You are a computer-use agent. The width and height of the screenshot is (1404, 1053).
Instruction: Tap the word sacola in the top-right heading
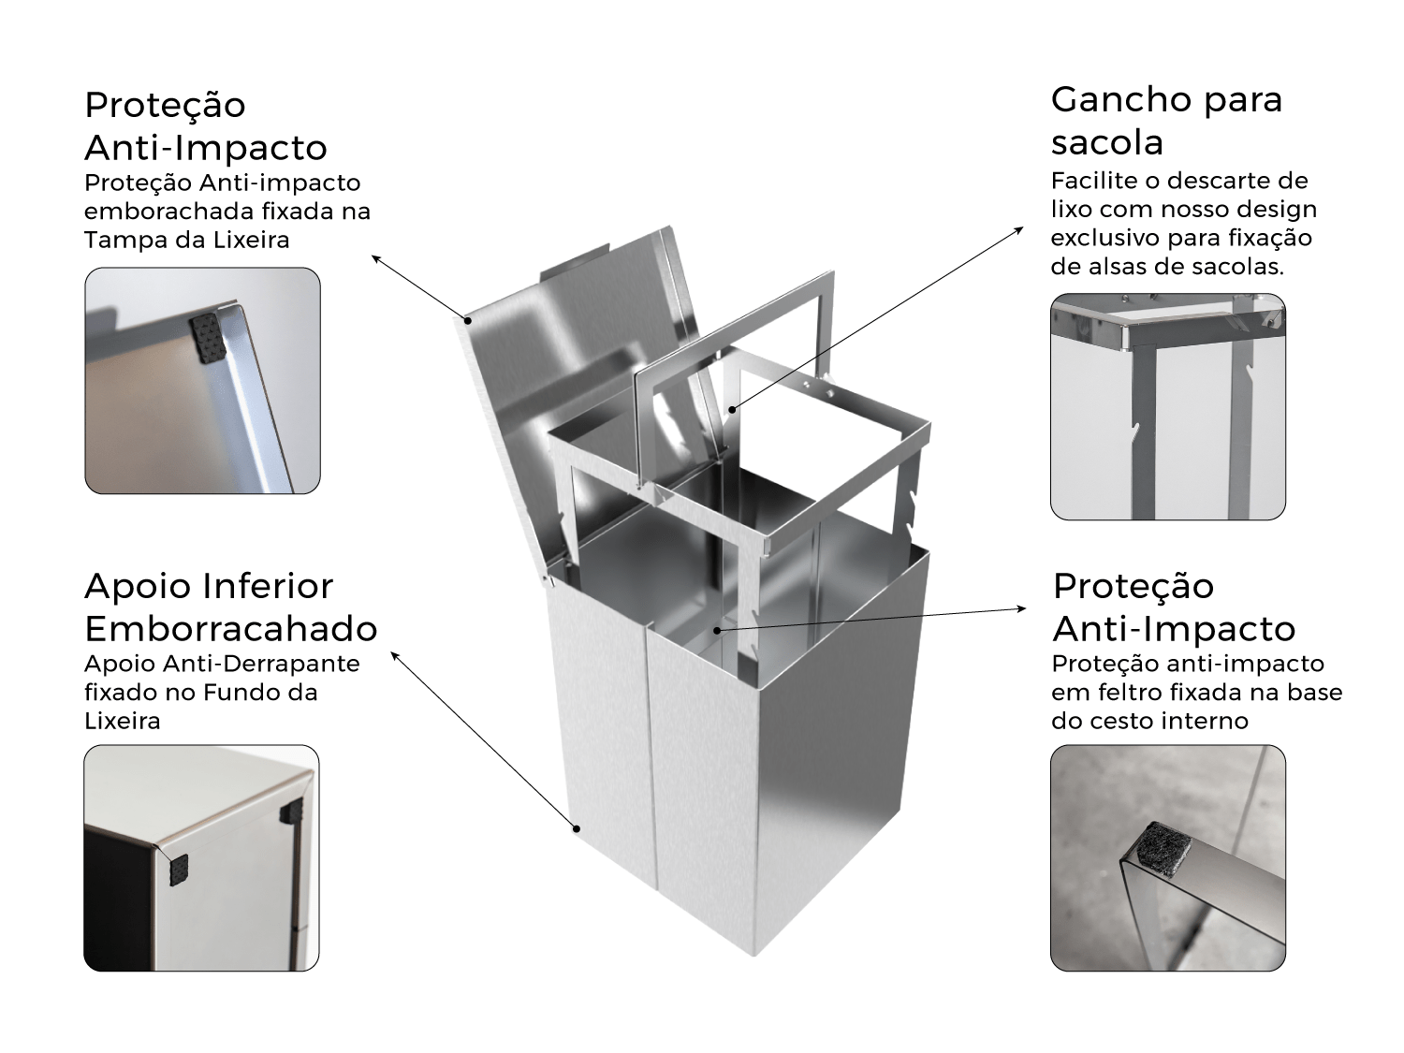(x=1106, y=142)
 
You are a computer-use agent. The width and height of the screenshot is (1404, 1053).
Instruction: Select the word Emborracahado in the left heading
(x=231, y=628)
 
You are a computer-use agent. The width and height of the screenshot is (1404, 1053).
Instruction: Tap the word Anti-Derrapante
(x=261, y=664)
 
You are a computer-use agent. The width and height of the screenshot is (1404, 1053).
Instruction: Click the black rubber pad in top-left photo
(x=207, y=337)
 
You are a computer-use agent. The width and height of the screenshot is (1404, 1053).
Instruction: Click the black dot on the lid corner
(x=468, y=320)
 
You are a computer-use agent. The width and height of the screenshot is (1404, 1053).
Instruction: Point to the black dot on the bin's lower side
(x=577, y=829)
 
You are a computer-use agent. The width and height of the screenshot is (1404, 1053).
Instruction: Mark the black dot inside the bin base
(x=718, y=631)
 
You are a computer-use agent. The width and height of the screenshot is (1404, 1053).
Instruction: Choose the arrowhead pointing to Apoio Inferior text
(x=395, y=655)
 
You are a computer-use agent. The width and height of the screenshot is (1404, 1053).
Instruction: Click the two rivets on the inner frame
(x=818, y=388)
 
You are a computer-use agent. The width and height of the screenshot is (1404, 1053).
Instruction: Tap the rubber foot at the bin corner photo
(x=179, y=870)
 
